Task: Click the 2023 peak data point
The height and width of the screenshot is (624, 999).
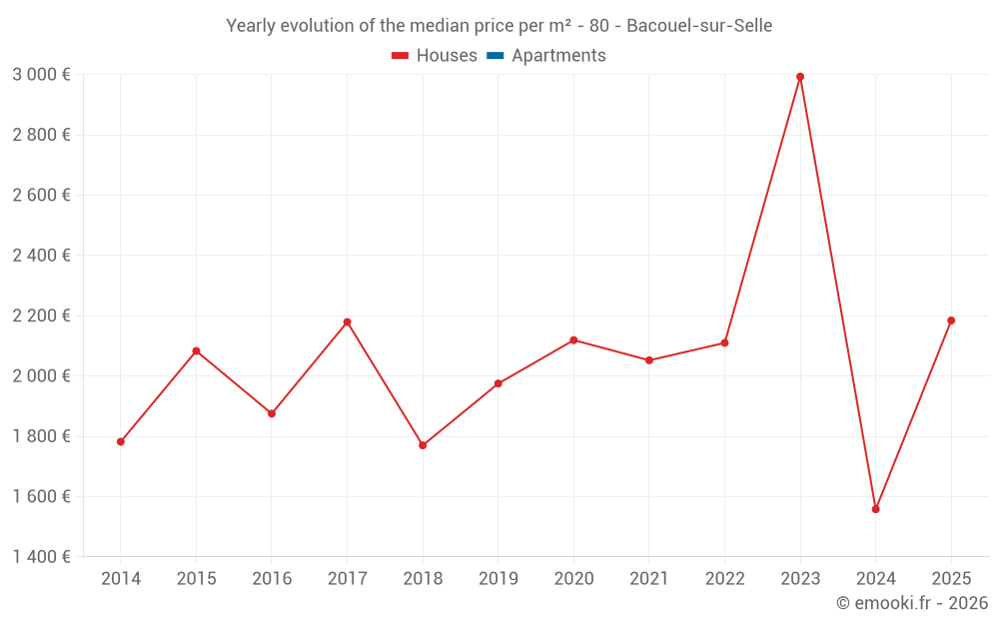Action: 800,77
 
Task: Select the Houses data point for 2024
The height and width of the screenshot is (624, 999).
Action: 876,509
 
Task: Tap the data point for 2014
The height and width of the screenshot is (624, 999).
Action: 121,441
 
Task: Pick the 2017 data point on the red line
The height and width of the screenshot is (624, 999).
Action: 348,322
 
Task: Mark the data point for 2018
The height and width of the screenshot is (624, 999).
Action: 423,445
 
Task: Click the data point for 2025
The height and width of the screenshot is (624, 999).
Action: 951,320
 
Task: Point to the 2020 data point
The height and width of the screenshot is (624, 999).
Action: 573,340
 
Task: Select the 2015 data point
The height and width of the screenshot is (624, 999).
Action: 196,350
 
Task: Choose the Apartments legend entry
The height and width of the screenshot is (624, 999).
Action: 558,56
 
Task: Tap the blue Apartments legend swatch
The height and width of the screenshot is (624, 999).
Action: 496,56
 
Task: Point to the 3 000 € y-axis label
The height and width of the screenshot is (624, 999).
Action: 41,75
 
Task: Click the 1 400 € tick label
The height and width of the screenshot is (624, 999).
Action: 41,557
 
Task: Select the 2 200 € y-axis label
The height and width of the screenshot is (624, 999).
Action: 41,315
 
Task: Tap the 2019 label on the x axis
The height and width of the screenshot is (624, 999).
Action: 499,579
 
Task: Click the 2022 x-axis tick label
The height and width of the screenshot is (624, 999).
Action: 724,579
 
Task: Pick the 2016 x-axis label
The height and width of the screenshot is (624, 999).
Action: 272,579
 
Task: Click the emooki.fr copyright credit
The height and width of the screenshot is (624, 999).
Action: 911,603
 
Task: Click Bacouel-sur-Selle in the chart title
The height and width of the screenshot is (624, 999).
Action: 699,26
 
